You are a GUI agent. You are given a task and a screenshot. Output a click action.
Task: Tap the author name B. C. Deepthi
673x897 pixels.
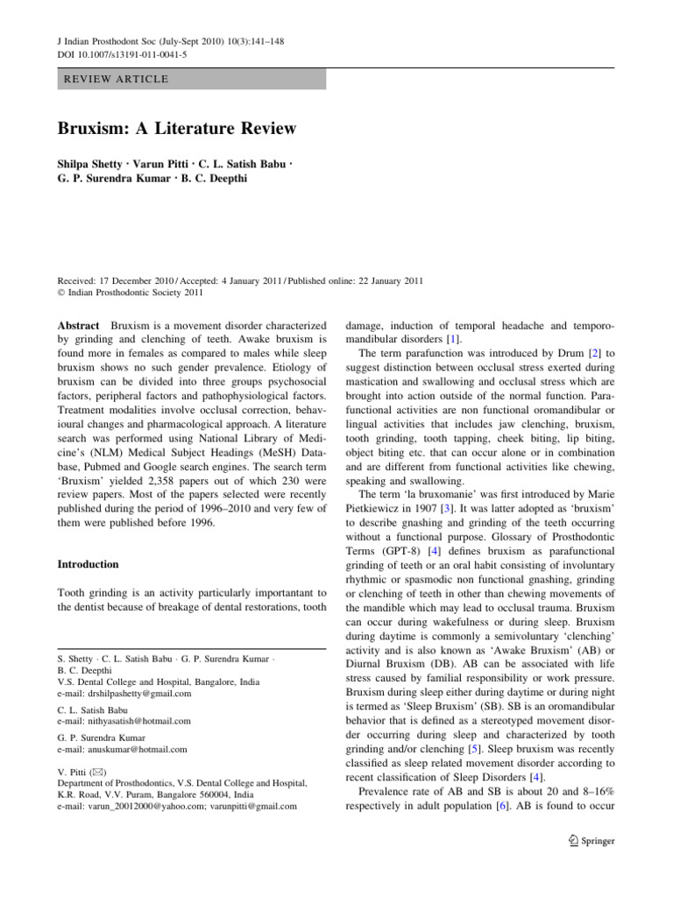coord(216,180)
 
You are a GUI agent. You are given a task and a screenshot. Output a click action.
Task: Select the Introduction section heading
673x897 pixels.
coord(89,564)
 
